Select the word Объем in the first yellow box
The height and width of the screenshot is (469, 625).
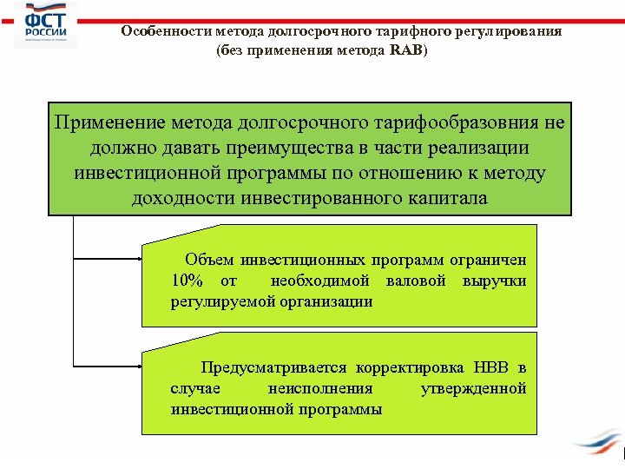pyautogui.click(x=209, y=260)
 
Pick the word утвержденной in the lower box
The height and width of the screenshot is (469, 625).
pyautogui.click(x=473, y=388)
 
